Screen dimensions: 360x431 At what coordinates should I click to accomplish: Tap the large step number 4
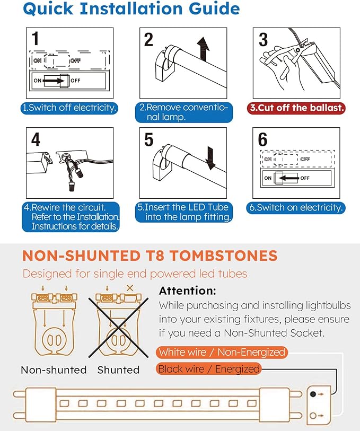pos(36,139)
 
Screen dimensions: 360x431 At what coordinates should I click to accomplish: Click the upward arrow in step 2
pos(203,49)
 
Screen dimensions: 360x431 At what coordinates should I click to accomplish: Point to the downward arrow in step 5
pos(210,158)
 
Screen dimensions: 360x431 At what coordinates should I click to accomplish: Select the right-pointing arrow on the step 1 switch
pos(54,81)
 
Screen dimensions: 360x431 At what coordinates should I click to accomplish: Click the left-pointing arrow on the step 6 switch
pos(289,178)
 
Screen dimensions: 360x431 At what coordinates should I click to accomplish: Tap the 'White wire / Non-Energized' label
pos(222,352)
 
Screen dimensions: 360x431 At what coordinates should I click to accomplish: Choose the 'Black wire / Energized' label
pos(208,369)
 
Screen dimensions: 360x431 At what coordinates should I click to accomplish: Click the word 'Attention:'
pos(187,291)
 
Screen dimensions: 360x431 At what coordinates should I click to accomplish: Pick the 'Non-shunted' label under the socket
pos(54,370)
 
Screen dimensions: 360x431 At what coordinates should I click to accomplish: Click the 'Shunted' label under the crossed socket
pos(118,370)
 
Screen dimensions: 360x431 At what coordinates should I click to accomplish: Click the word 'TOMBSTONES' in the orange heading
pos(223,256)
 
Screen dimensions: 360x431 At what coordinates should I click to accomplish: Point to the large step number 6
pos(262,139)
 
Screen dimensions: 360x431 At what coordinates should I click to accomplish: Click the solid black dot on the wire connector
pos(313,394)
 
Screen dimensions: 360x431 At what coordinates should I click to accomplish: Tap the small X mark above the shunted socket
pos(130,288)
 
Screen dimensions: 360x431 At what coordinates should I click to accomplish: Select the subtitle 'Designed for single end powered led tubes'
pos(135,274)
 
